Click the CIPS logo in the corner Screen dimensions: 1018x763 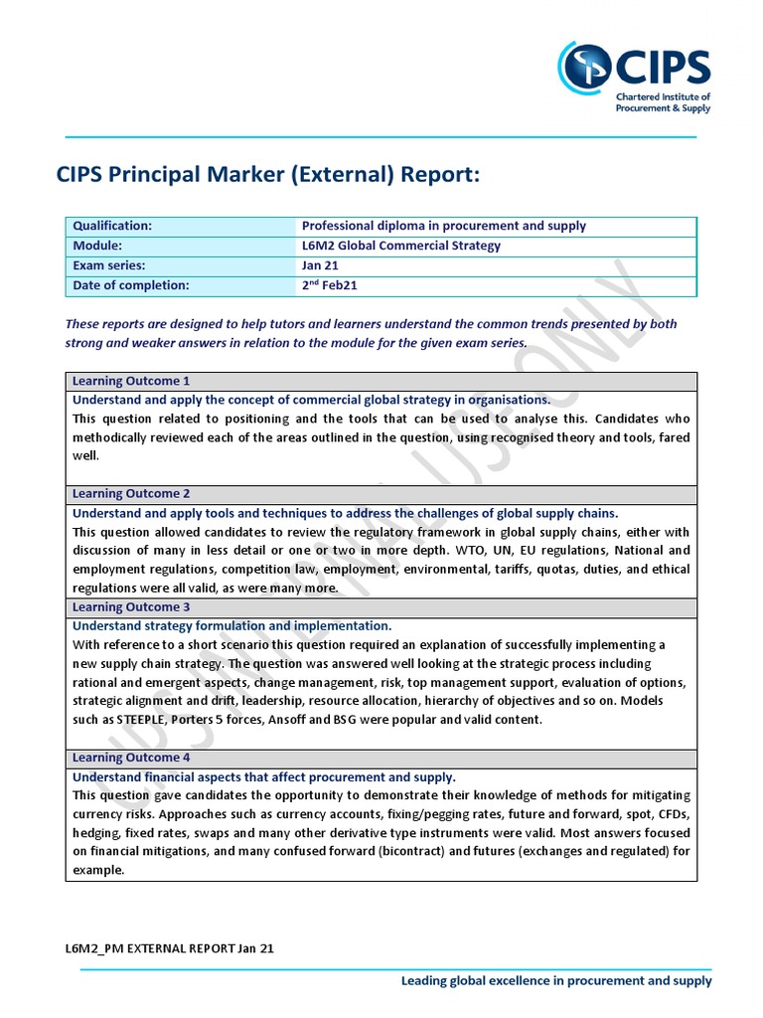pyautogui.click(x=634, y=76)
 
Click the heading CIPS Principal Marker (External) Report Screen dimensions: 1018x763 pyautogui.click(x=268, y=176)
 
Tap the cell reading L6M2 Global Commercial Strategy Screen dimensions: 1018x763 pyautogui.click(x=401, y=246)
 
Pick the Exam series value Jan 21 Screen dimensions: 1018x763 pyautogui.click(x=319, y=265)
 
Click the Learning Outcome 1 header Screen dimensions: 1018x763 pyautogui.click(x=131, y=381)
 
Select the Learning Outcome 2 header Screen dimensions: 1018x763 pyautogui.click(x=131, y=493)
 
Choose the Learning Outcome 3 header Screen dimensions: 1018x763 pyautogui.click(x=131, y=606)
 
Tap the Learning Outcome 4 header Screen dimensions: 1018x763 pyautogui.click(x=131, y=758)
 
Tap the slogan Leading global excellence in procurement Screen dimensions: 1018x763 pyautogui.click(x=556, y=980)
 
